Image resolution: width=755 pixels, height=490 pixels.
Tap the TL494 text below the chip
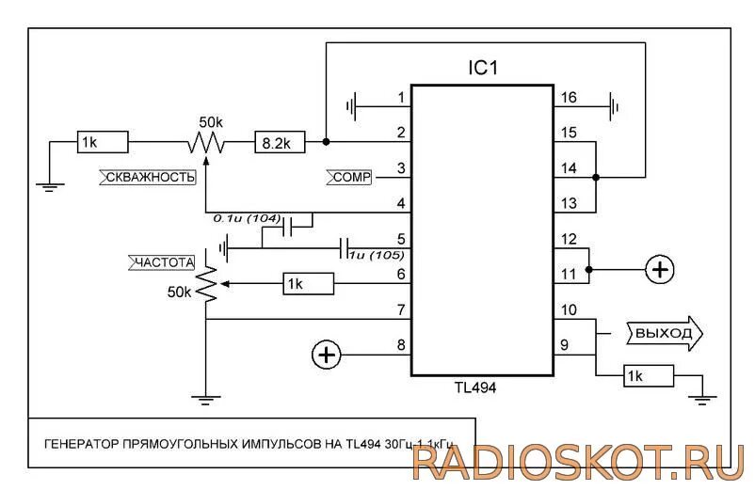[478, 386]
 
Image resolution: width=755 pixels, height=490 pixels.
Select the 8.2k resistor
[279, 143]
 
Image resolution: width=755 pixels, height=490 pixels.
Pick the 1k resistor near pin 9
[648, 377]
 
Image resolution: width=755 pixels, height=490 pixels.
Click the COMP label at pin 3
[349, 176]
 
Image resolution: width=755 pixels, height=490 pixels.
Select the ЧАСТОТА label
[162, 261]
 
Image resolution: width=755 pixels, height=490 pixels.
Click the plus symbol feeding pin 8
[326, 355]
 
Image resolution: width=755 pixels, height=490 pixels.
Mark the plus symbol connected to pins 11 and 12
[660, 270]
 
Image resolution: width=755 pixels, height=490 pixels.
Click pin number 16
[568, 98]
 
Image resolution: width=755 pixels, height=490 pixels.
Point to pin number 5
[401, 239]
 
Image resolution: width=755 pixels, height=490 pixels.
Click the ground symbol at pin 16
[613, 106]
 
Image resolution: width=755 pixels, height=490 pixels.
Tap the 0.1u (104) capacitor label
[248, 218]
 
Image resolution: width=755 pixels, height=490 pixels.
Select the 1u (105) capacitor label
[377, 255]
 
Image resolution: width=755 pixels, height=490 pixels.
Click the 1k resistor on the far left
[102, 143]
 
